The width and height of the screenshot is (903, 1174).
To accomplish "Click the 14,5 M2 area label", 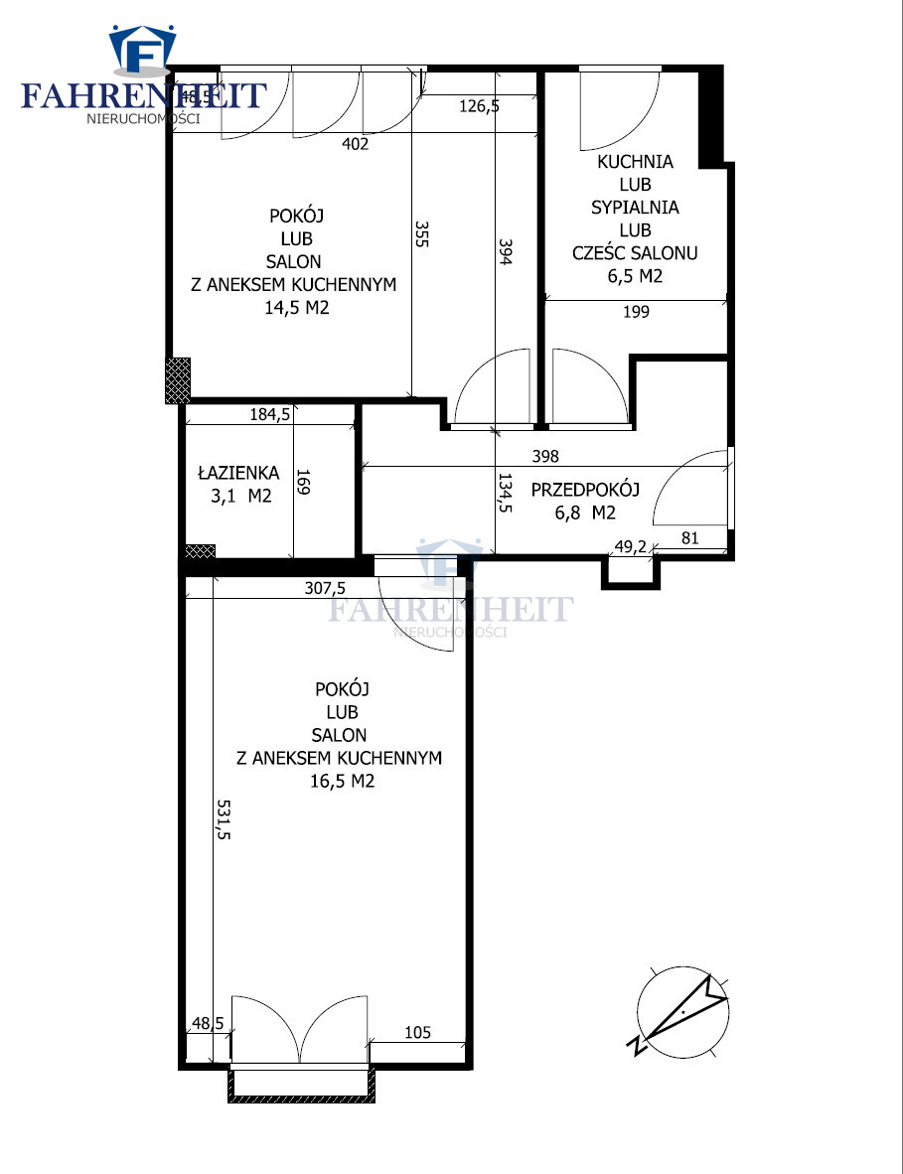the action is coord(296,308).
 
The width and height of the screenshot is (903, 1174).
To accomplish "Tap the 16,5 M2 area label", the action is coord(342,781).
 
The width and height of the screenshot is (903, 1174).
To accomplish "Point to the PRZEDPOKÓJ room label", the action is coord(585,490).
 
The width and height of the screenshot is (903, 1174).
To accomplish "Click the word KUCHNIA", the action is coord(635,162).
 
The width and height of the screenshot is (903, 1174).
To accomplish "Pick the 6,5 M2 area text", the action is coord(635,276).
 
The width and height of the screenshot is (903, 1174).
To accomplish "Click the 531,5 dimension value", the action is coord(224,819).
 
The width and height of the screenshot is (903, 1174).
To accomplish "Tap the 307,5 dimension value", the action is coord(325,589).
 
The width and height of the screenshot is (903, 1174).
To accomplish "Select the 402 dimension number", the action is coord(355,144).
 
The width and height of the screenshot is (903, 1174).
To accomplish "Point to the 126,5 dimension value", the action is coord(479,106).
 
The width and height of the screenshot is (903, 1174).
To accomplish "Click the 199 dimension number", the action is coord(636,312).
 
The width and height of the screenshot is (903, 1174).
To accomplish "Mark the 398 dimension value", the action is coord(545,456).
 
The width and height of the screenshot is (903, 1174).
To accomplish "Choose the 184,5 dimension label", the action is coord(269,414).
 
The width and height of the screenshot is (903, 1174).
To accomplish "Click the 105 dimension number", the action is coord(418,1033).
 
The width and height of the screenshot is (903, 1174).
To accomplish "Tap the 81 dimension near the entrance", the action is coord(689,537).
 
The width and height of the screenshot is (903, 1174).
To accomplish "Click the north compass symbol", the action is coord(682,1011).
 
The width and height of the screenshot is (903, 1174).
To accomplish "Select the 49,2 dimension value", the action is coord(630,547).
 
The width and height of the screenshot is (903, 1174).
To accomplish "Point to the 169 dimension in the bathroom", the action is coord(303,482).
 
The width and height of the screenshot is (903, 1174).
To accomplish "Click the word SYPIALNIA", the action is coord(635,208).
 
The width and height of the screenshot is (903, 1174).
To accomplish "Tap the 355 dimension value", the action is coord(421,233).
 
